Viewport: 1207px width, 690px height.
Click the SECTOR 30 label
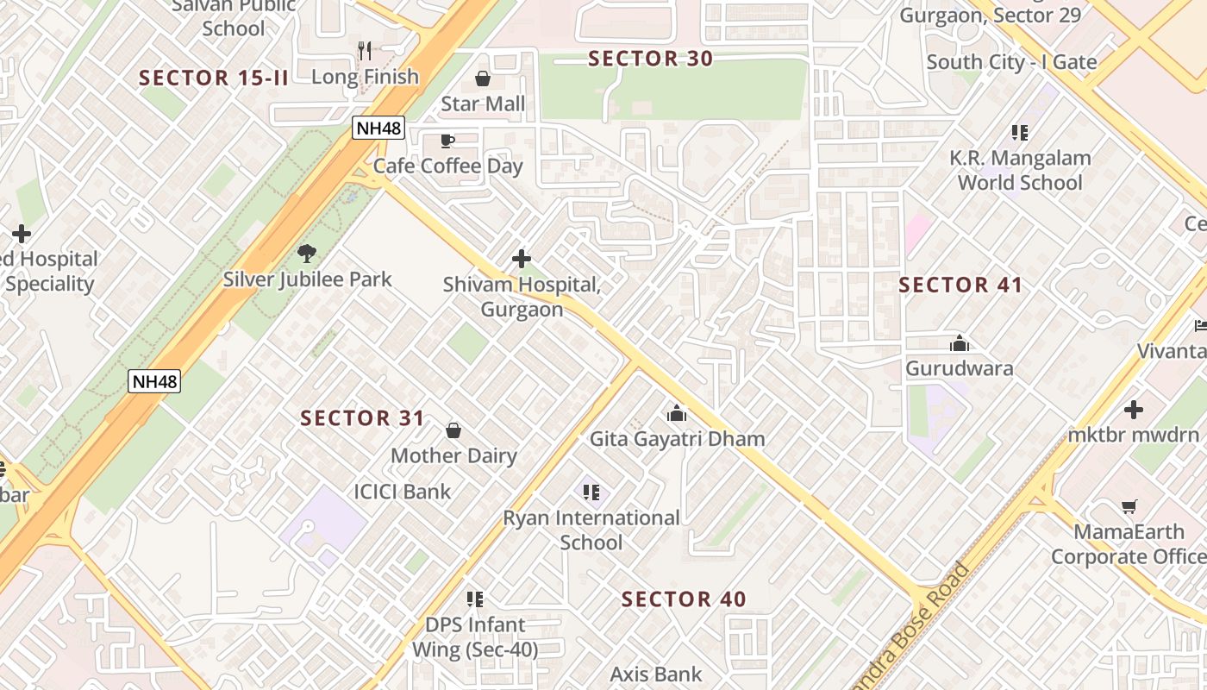(650, 59)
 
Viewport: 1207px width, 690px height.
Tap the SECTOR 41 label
(960, 285)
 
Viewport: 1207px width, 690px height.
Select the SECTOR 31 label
(362, 418)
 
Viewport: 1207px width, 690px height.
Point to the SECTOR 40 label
(684, 599)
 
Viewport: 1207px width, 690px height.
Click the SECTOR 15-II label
(214, 78)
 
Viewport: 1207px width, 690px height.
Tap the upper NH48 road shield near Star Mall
(378, 129)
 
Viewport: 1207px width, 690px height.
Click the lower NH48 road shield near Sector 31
(154, 381)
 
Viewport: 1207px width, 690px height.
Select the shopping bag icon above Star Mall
(483, 79)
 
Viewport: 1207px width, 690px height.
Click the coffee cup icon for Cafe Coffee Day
(447, 141)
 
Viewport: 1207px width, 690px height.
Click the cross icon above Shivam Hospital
(521, 259)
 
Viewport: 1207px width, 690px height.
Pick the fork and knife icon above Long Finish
(365, 51)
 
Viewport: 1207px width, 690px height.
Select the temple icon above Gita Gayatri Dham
(677, 414)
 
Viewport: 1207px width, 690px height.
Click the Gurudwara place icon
(959, 344)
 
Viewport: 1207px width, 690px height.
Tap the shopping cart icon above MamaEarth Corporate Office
(1129, 506)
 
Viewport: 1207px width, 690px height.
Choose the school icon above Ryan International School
(591, 492)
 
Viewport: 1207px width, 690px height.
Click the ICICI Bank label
(403, 492)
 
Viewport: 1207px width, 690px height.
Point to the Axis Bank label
(656, 674)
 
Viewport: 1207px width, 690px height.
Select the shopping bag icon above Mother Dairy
(453, 430)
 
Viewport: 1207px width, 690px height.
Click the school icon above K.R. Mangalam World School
(1020, 133)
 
